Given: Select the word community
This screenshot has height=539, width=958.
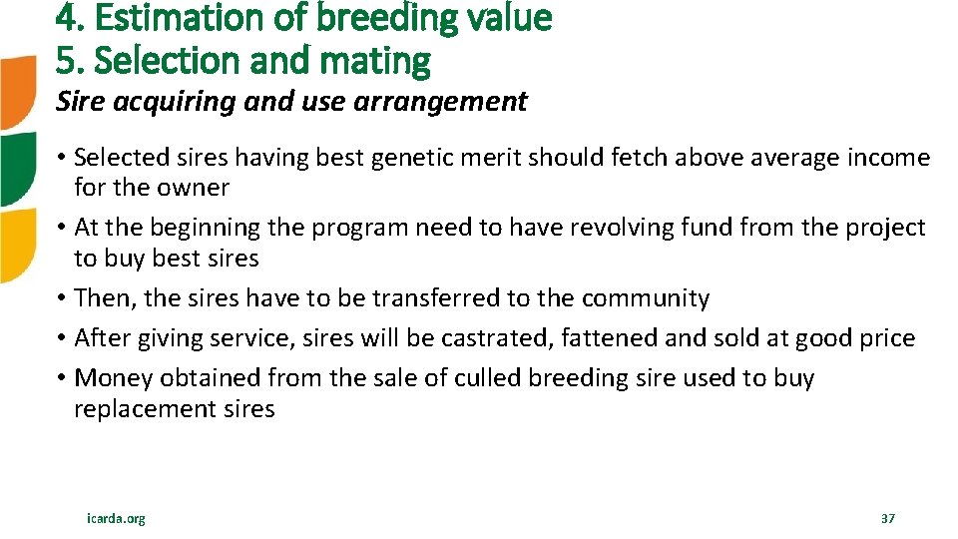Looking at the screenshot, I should (645, 298).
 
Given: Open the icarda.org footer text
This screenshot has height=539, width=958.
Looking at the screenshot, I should (116, 519).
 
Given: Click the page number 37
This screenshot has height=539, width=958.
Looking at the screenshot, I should (888, 519).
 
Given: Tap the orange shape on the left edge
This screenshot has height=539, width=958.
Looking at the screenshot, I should (18, 93).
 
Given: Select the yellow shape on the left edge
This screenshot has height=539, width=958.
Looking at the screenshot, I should (18, 245).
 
